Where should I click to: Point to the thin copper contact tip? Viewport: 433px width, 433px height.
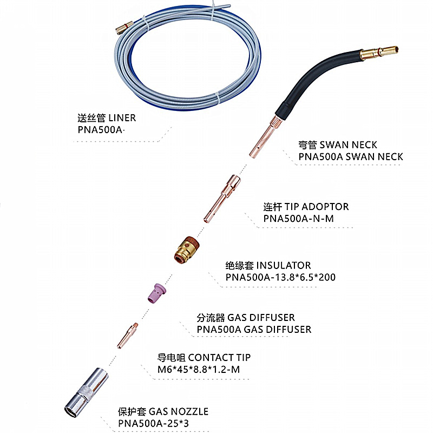click(128, 335)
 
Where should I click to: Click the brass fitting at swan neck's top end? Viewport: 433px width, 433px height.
click(379, 53)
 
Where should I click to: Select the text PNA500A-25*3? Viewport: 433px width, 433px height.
click(155, 423)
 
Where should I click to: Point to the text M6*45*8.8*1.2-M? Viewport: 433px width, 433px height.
click(199, 369)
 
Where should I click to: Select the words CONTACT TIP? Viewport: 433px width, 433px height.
click(219, 357)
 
